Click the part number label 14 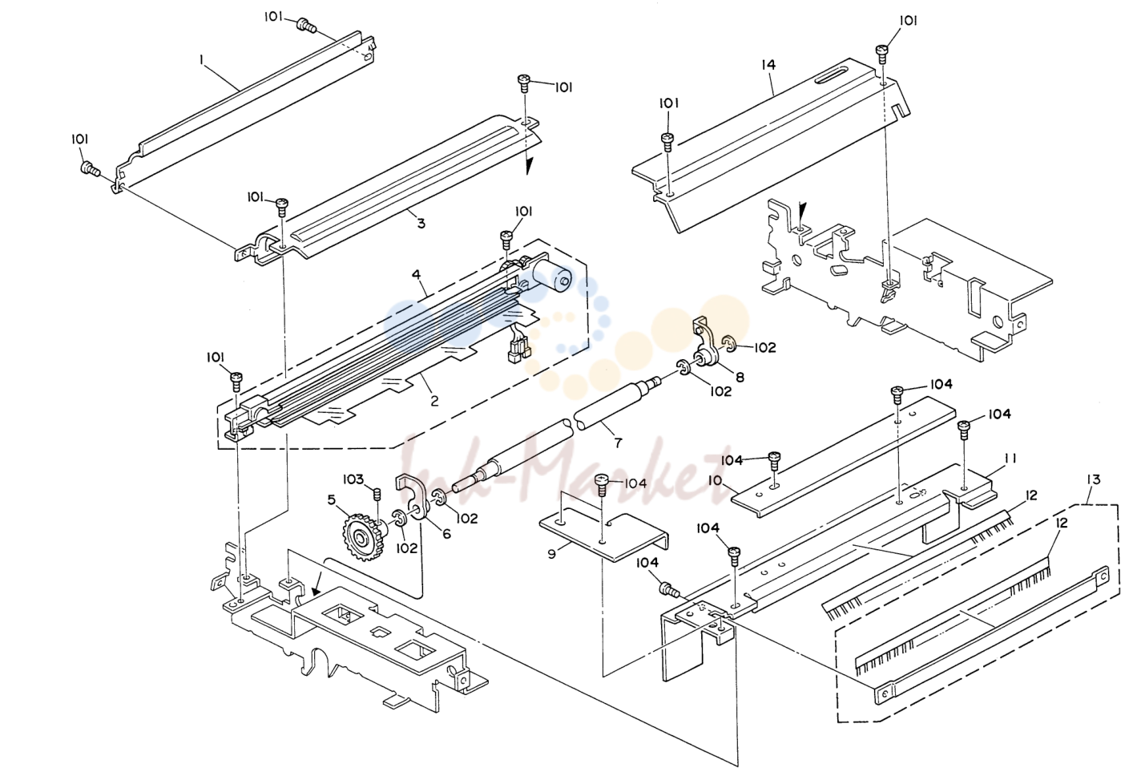point(768,65)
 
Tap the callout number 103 point(353,479)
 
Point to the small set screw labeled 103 point(377,494)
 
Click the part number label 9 point(552,553)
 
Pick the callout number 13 point(1094,479)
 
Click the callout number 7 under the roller point(618,443)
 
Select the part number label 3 point(421,224)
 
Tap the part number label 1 point(201,60)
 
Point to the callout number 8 point(740,378)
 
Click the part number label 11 point(1010,459)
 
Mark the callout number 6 point(446,534)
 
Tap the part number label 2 point(434,401)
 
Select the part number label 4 point(416,275)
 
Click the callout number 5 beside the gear point(332,499)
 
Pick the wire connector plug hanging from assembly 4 point(518,351)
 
